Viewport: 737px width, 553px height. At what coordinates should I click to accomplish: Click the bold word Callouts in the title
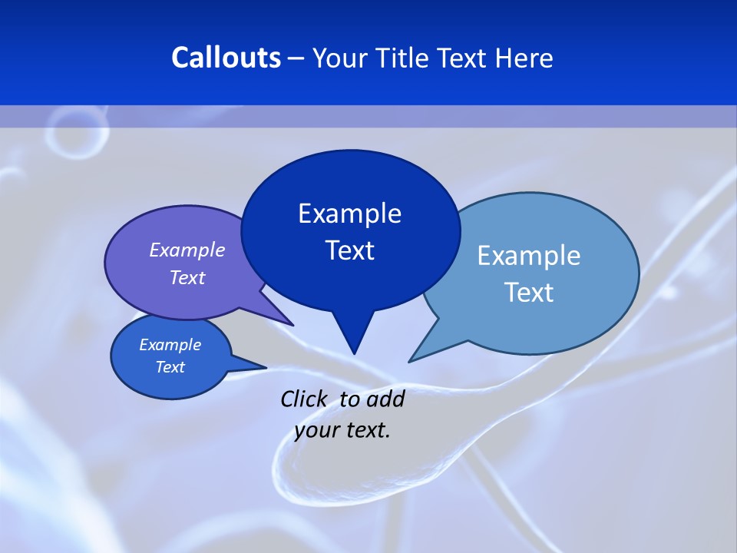226,58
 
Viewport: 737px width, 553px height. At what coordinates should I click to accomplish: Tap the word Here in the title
525,58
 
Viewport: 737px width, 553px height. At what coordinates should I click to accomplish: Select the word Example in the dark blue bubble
349,214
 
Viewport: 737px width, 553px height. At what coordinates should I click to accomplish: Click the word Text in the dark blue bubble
349,250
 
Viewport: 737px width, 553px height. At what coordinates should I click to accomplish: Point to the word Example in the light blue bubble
529,256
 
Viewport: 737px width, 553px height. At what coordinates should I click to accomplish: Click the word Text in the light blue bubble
529,293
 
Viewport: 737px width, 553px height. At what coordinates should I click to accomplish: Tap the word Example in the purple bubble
187,250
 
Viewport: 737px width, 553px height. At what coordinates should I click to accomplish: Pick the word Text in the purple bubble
187,277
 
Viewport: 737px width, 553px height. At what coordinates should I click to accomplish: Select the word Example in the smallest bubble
170,345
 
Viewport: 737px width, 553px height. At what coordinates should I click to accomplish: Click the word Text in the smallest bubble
170,367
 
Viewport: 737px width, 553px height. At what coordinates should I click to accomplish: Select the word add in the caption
385,399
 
